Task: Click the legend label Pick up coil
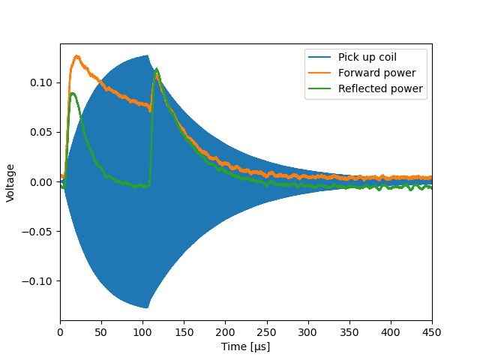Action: click(x=367, y=57)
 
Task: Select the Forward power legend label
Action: click(x=376, y=73)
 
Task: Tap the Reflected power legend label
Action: click(x=380, y=88)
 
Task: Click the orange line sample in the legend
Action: click(x=319, y=73)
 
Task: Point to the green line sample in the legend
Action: click(x=319, y=88)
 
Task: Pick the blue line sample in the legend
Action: click(x=319, y=57)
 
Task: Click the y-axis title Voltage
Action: click(x=10, y=183)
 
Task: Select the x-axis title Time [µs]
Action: click(x=245, y=346)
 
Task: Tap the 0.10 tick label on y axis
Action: click(x=41, y=82)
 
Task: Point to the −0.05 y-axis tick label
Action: click(x=37, y=232)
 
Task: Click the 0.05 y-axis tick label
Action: click(x=41, y=132)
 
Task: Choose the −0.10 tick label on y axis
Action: click(x=37, y=281)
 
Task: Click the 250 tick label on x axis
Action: click(x=267, y=332)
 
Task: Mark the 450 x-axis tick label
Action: click(x=432, y=332)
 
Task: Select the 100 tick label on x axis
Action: click(x=142, y=332)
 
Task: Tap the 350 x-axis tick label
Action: click(x=349, y=332)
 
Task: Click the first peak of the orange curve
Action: click(x=76, y=56)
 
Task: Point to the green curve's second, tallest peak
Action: click(x=157, y=69)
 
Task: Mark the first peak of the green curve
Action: click(x=73, y=93)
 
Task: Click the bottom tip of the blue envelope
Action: click(x=147, y=307)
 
